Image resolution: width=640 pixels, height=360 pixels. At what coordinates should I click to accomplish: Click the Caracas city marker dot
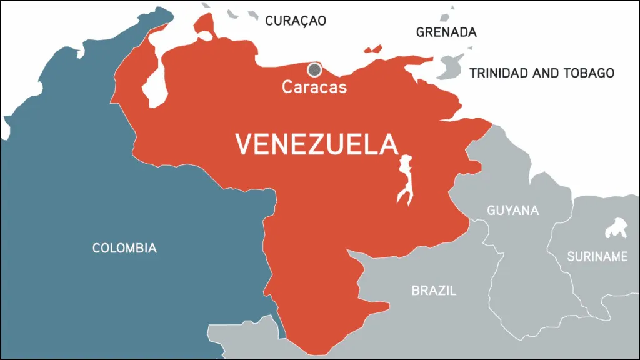(314, 69)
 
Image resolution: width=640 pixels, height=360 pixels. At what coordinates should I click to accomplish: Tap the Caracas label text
(314, 87)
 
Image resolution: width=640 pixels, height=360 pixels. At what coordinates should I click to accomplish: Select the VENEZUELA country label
(316, 144)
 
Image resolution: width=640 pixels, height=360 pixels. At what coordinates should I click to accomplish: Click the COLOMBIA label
(124, 248)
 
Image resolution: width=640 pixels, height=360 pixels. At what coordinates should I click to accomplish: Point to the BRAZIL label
(434, 291)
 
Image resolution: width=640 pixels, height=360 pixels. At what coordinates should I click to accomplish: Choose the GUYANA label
(512, 210)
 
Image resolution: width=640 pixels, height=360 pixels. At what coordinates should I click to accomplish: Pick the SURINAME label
(597, 256)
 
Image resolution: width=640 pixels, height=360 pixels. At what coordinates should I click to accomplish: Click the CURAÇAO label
(296, 21)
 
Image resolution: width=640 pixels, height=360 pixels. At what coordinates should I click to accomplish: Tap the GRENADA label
(446, 32)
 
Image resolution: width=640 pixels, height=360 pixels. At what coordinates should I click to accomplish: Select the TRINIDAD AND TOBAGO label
(541, 73)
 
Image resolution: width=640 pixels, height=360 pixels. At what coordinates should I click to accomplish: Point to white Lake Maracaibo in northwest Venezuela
(154, 87)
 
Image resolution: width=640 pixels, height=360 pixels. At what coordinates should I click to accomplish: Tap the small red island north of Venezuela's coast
(373, 49)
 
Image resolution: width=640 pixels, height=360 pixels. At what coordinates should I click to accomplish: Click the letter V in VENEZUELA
(242, 144)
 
